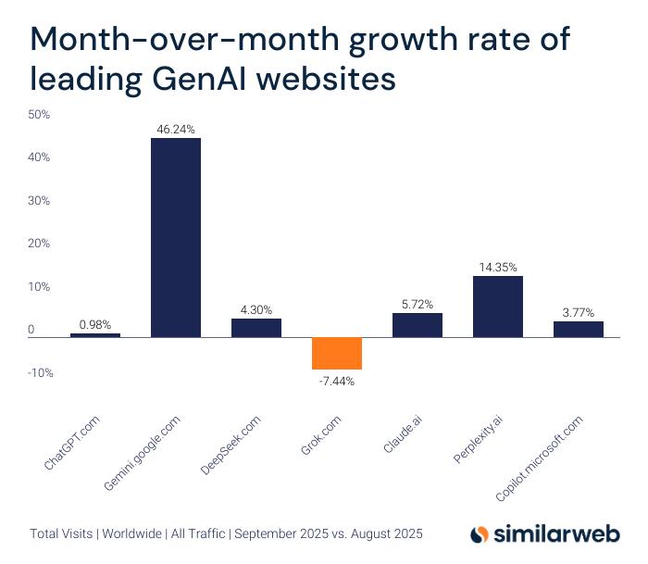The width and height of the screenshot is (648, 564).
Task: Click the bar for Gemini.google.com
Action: [175, 237]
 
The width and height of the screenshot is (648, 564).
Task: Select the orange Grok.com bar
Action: [336, 353]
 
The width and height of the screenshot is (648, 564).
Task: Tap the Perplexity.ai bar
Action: [497, 307]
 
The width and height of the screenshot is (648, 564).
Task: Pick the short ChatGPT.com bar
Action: [95, 334]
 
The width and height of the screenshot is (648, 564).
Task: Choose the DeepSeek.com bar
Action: [255, 328]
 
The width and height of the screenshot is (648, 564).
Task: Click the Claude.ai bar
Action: [417, 325]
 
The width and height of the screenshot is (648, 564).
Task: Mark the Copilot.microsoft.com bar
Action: [578, 329]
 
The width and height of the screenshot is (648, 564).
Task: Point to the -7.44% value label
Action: [336, 380]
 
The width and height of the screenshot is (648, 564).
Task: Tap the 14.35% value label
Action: [497, 267]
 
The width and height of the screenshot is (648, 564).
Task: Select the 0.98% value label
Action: [95, 324]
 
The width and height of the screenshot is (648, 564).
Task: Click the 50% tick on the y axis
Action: [39, 115]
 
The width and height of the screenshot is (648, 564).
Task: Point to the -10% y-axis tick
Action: [39, 373]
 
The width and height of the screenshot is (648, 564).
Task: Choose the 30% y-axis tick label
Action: [39, 201]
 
